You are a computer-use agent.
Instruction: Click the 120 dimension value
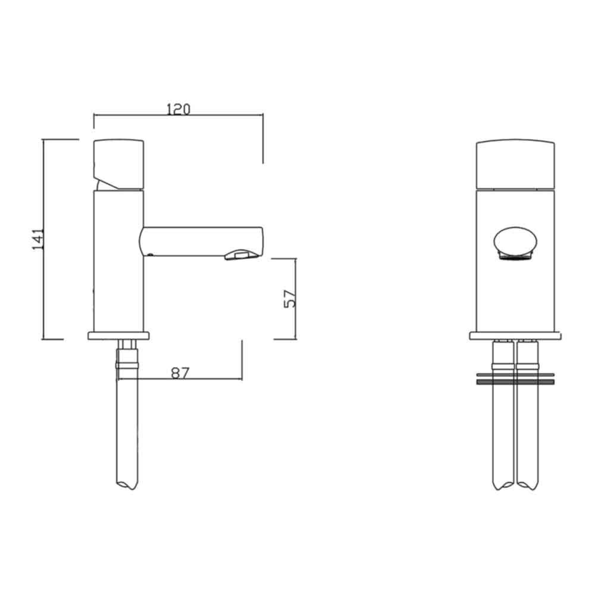pos(178,109)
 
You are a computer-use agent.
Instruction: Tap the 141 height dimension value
pos(38,239)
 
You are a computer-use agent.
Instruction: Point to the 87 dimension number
pos(180,372)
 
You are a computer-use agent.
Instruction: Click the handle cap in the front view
pos(516,164)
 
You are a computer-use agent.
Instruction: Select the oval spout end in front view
pos(516,242)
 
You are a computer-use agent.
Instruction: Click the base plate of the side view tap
pos(120,336)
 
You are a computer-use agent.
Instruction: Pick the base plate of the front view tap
pos(516,336)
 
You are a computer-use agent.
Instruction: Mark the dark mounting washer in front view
pos(516,383)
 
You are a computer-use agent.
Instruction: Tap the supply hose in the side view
pos(128,428)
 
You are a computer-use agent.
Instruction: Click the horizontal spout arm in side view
pos(196,241)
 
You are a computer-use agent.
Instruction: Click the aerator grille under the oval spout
pos(516,256)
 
